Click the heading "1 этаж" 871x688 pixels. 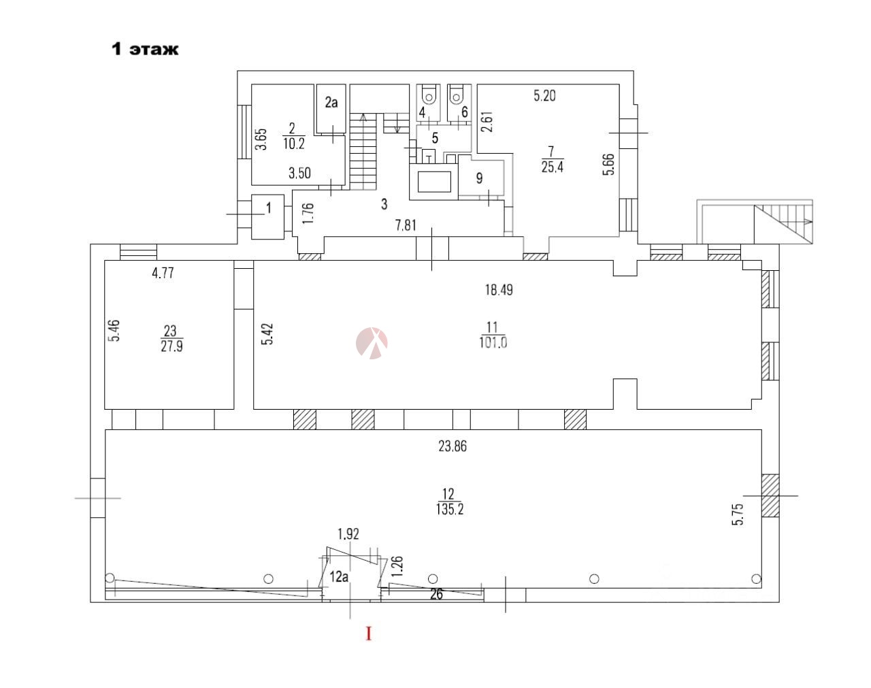point(145,49)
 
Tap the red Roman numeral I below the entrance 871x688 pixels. point(368,634)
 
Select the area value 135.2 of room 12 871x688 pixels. point(450,509)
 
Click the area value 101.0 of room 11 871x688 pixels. point(493,343)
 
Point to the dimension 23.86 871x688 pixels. point(453,446)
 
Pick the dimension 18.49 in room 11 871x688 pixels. point(499,290)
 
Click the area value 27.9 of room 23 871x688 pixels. point(171,347)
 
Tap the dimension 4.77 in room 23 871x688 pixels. point(163,273)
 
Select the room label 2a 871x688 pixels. point(331,102)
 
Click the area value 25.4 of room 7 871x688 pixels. point(553,167)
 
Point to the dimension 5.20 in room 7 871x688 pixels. point(544,96)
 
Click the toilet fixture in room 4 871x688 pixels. point(428,95)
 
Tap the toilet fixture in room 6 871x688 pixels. point(456,95)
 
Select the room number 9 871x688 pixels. point(480,178)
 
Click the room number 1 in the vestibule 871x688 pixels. point(268,208)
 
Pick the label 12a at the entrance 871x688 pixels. point(339,576)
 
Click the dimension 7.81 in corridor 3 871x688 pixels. point(406,225)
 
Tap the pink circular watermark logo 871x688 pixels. point(372,343)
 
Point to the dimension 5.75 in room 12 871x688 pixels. point(738,514)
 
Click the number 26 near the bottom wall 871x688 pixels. point(436,595)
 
